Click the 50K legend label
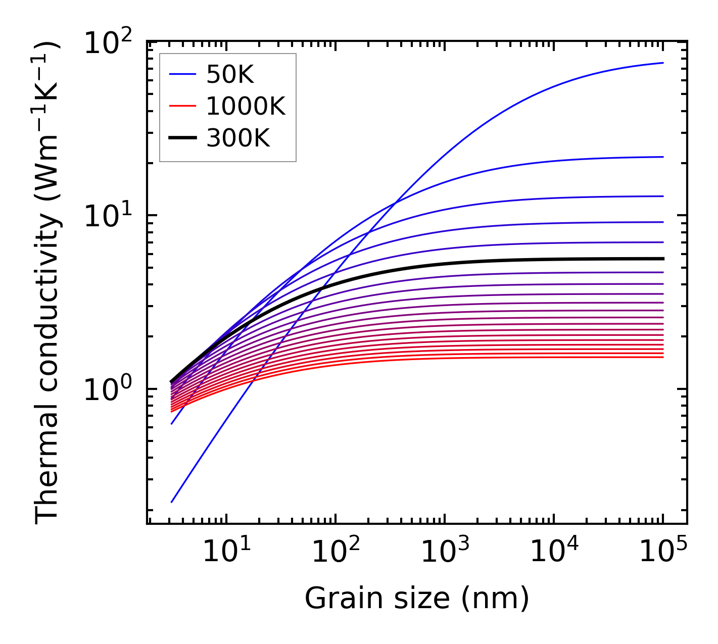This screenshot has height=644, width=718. (230, 75)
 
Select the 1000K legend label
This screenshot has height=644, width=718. (246, 107)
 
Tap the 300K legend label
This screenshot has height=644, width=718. (238, 138)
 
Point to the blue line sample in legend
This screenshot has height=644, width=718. (182, 75)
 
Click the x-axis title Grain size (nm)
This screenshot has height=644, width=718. (417, 599)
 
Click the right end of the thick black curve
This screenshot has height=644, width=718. (662, 259)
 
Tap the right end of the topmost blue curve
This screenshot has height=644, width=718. (662, 63)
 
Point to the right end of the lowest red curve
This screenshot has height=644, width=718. (662, 357)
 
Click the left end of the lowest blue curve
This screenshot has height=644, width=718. (172, 502)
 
